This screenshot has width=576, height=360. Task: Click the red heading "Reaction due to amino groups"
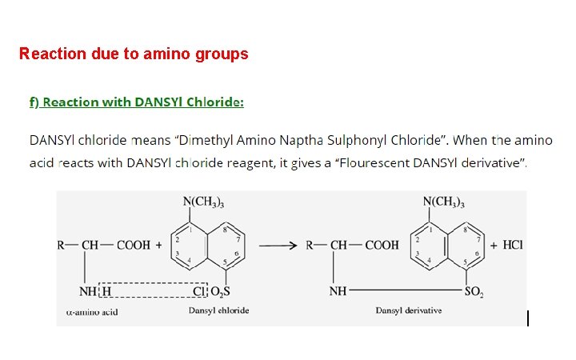coord(134,54)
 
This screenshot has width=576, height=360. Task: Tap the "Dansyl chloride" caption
coord(218,310)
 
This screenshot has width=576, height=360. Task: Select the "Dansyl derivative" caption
coord(408,310)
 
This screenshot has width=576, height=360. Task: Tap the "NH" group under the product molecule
coord(338,290)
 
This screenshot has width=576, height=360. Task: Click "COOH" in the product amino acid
coord(382,246)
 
